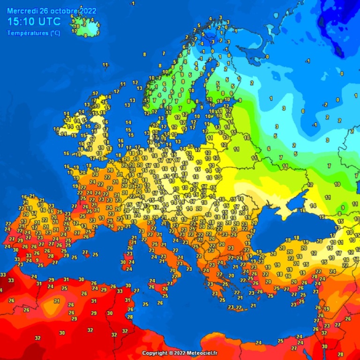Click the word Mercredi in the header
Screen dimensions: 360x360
pyautogui.click(x=22, y=10)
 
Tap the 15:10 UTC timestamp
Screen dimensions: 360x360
pyautogui.click(x=34, y=21)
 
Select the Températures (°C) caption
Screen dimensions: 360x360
pyautogui.click(x=34, y=33)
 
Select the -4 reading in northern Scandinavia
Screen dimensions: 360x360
pyautogui.click(x=201, y=43)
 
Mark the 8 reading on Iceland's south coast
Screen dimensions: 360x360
pyautogui.click(x=85, y=35)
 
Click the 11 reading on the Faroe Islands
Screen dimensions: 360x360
pyautogui.click(x=105, y=65)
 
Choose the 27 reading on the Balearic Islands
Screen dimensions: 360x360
pyautogui.click(x=85, y=252)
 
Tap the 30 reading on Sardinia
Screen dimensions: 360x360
pyautogui.click(x=123, y=262)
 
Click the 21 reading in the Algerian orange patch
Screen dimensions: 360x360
pyautogui.click(x=57, y=300)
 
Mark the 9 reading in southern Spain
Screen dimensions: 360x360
pyautogui.click(x=37, y=260)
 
